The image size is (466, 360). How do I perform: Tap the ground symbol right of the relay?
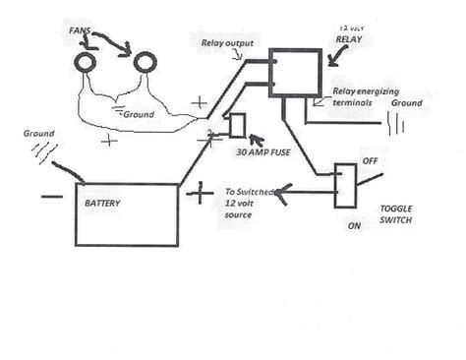[x=398, y=125]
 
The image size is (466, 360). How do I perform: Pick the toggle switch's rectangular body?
[x=345, y=184]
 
